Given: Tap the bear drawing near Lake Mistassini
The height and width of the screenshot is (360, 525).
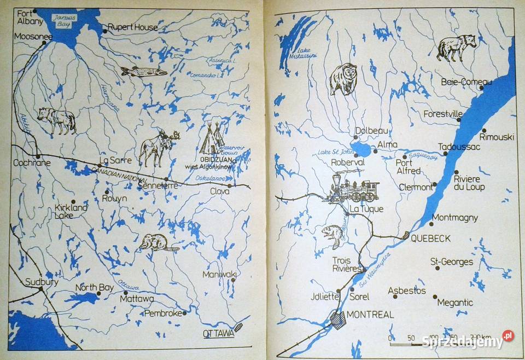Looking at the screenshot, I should [343, 78].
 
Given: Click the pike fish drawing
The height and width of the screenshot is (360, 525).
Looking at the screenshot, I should [143, 71].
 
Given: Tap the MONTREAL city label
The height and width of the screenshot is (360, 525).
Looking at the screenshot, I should [370, 315].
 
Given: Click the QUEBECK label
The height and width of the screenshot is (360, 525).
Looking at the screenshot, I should [430, 238].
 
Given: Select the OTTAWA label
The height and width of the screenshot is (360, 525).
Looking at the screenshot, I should [218, 333].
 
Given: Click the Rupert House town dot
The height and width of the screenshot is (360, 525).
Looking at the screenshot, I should [104, 31].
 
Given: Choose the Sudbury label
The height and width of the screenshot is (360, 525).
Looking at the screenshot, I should [42, 282].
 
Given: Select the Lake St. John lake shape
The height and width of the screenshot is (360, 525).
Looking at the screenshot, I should [361, 149].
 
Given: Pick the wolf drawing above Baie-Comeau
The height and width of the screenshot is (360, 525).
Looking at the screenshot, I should [456, 47].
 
